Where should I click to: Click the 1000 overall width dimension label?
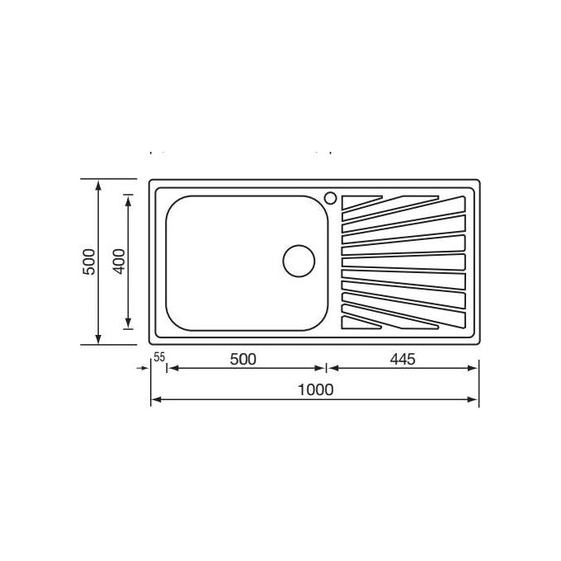tap(315, 389)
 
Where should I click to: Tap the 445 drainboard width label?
tap(403, 359)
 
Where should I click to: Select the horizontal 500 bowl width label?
tap(243, 359)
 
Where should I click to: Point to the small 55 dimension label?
tap(159, 356)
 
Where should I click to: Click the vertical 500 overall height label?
tap(89, 262)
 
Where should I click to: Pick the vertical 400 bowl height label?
tap(120, 262)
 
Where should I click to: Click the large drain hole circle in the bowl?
tap(299, 261)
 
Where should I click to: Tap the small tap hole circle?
tap(330, 198)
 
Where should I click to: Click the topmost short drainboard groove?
tap(361, 201)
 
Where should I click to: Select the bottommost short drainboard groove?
tap(361, 323)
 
